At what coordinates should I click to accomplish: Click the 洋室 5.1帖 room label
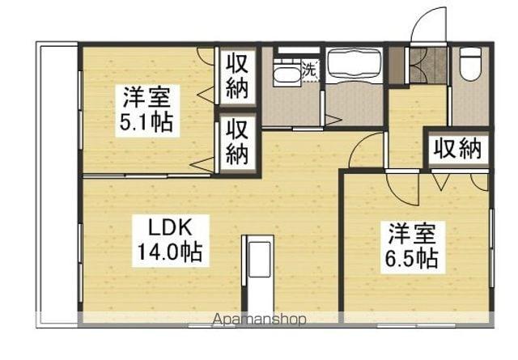pos(146,110)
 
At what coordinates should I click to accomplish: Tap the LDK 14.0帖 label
pos(171,240)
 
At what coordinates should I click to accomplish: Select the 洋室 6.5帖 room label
pos(412,248)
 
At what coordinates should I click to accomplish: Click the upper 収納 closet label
pos(237,78)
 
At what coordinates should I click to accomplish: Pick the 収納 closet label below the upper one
pos(237,142)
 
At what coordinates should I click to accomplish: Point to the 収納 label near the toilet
pos(458,148)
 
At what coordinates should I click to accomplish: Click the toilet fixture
pos(470,64)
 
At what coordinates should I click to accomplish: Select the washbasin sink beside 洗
pos(287,74)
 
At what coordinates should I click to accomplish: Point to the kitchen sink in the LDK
pos(259,260)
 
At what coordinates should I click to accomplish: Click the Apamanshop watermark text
pos(259,319)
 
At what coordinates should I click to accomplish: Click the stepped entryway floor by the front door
pos(427,65)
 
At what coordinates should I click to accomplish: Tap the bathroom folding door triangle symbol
pos(333,121)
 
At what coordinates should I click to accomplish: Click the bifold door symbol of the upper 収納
pos(206,95)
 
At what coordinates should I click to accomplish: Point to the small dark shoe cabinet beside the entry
pos(397,66)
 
